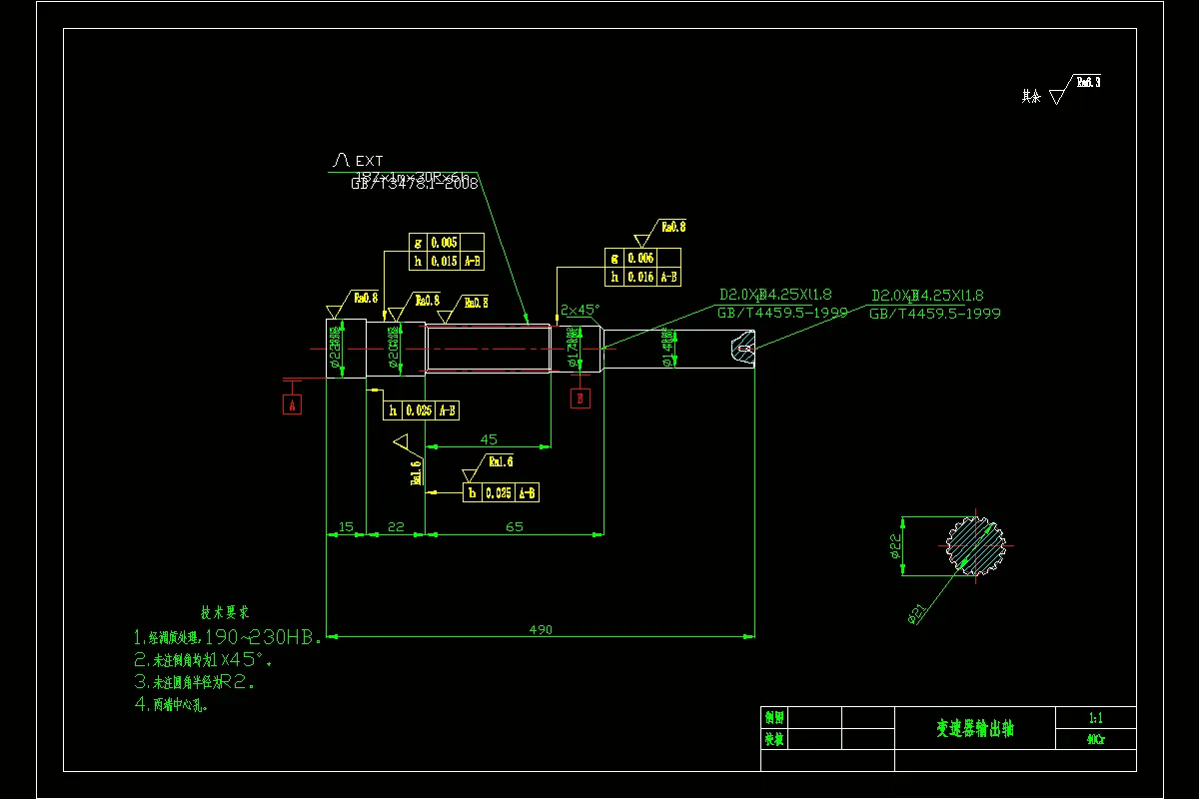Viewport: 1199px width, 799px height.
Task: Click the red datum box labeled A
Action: [x=292, y=404]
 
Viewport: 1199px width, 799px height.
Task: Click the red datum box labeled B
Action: [x=581, y=398]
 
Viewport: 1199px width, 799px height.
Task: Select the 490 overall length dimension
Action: [x=541, y=629]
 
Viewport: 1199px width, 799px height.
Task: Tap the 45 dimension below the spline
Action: [x=490, y=438]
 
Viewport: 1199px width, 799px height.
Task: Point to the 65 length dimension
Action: [x=515, y=525]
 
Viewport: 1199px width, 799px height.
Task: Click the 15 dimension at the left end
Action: [x=347, y=525]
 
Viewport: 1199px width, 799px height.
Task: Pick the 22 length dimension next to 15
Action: [x=396, y=525]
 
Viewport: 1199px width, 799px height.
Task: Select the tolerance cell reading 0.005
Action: [x=444, y=243]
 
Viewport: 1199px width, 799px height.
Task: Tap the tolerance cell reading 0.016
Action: [x=640, y=277]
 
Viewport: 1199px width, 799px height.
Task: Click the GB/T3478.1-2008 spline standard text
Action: [x=414, y=184]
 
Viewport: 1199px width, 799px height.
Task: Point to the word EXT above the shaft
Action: [x=369, y=160]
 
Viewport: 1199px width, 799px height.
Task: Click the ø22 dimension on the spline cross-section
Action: [x=896, y=545]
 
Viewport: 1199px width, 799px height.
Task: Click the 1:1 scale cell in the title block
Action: [x=1095, y=717]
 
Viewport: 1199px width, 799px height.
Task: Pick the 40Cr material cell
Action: [x=1095, y=740]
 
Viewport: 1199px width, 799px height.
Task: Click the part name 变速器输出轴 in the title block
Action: [x=974, y=729]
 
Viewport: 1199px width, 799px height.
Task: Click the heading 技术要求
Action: [x=226, y=611]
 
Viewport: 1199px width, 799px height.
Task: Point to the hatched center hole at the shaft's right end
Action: [x=742, y=348]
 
